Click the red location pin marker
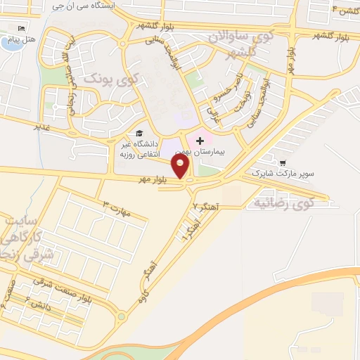tap(181, 167)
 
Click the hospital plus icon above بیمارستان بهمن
tap(200, 141)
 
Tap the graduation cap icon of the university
tap(139, 133)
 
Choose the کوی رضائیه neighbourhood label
tap(281, 204)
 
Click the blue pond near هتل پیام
tap(11, 43)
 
